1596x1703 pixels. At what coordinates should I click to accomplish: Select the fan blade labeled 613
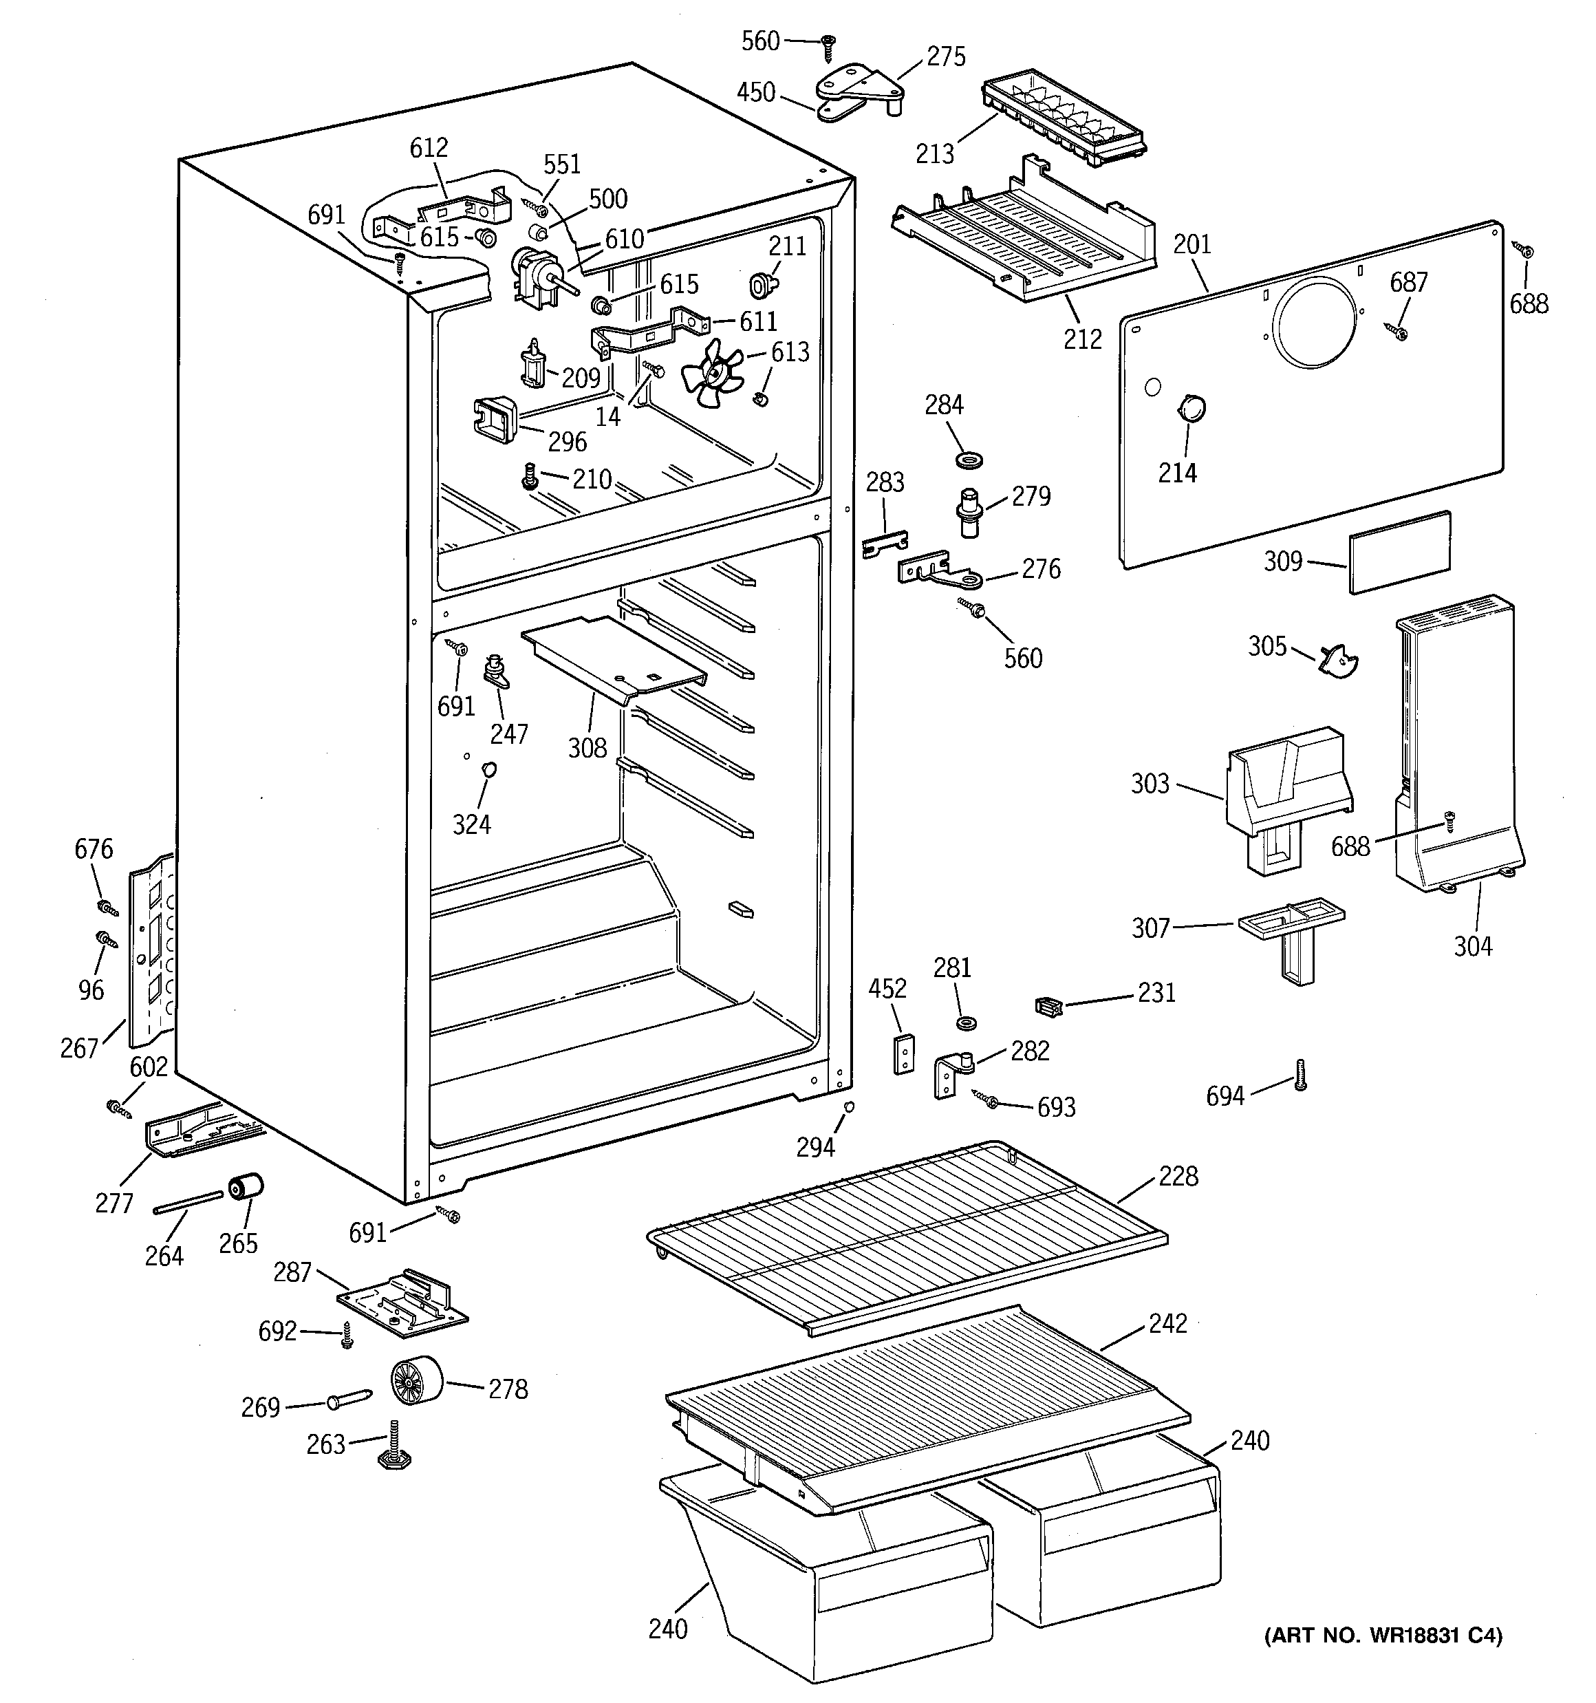(x=712, y=374)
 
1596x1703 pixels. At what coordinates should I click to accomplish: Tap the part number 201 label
(x=1191, y=244)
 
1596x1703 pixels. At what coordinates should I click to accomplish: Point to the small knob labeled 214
(x=1190, y=408)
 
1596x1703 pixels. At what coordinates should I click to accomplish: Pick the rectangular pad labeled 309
(x=1400, y=551)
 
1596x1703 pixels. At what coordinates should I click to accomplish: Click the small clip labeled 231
(x=1048, y=1007)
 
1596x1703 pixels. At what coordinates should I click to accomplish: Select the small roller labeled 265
(x=245, y=1189)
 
